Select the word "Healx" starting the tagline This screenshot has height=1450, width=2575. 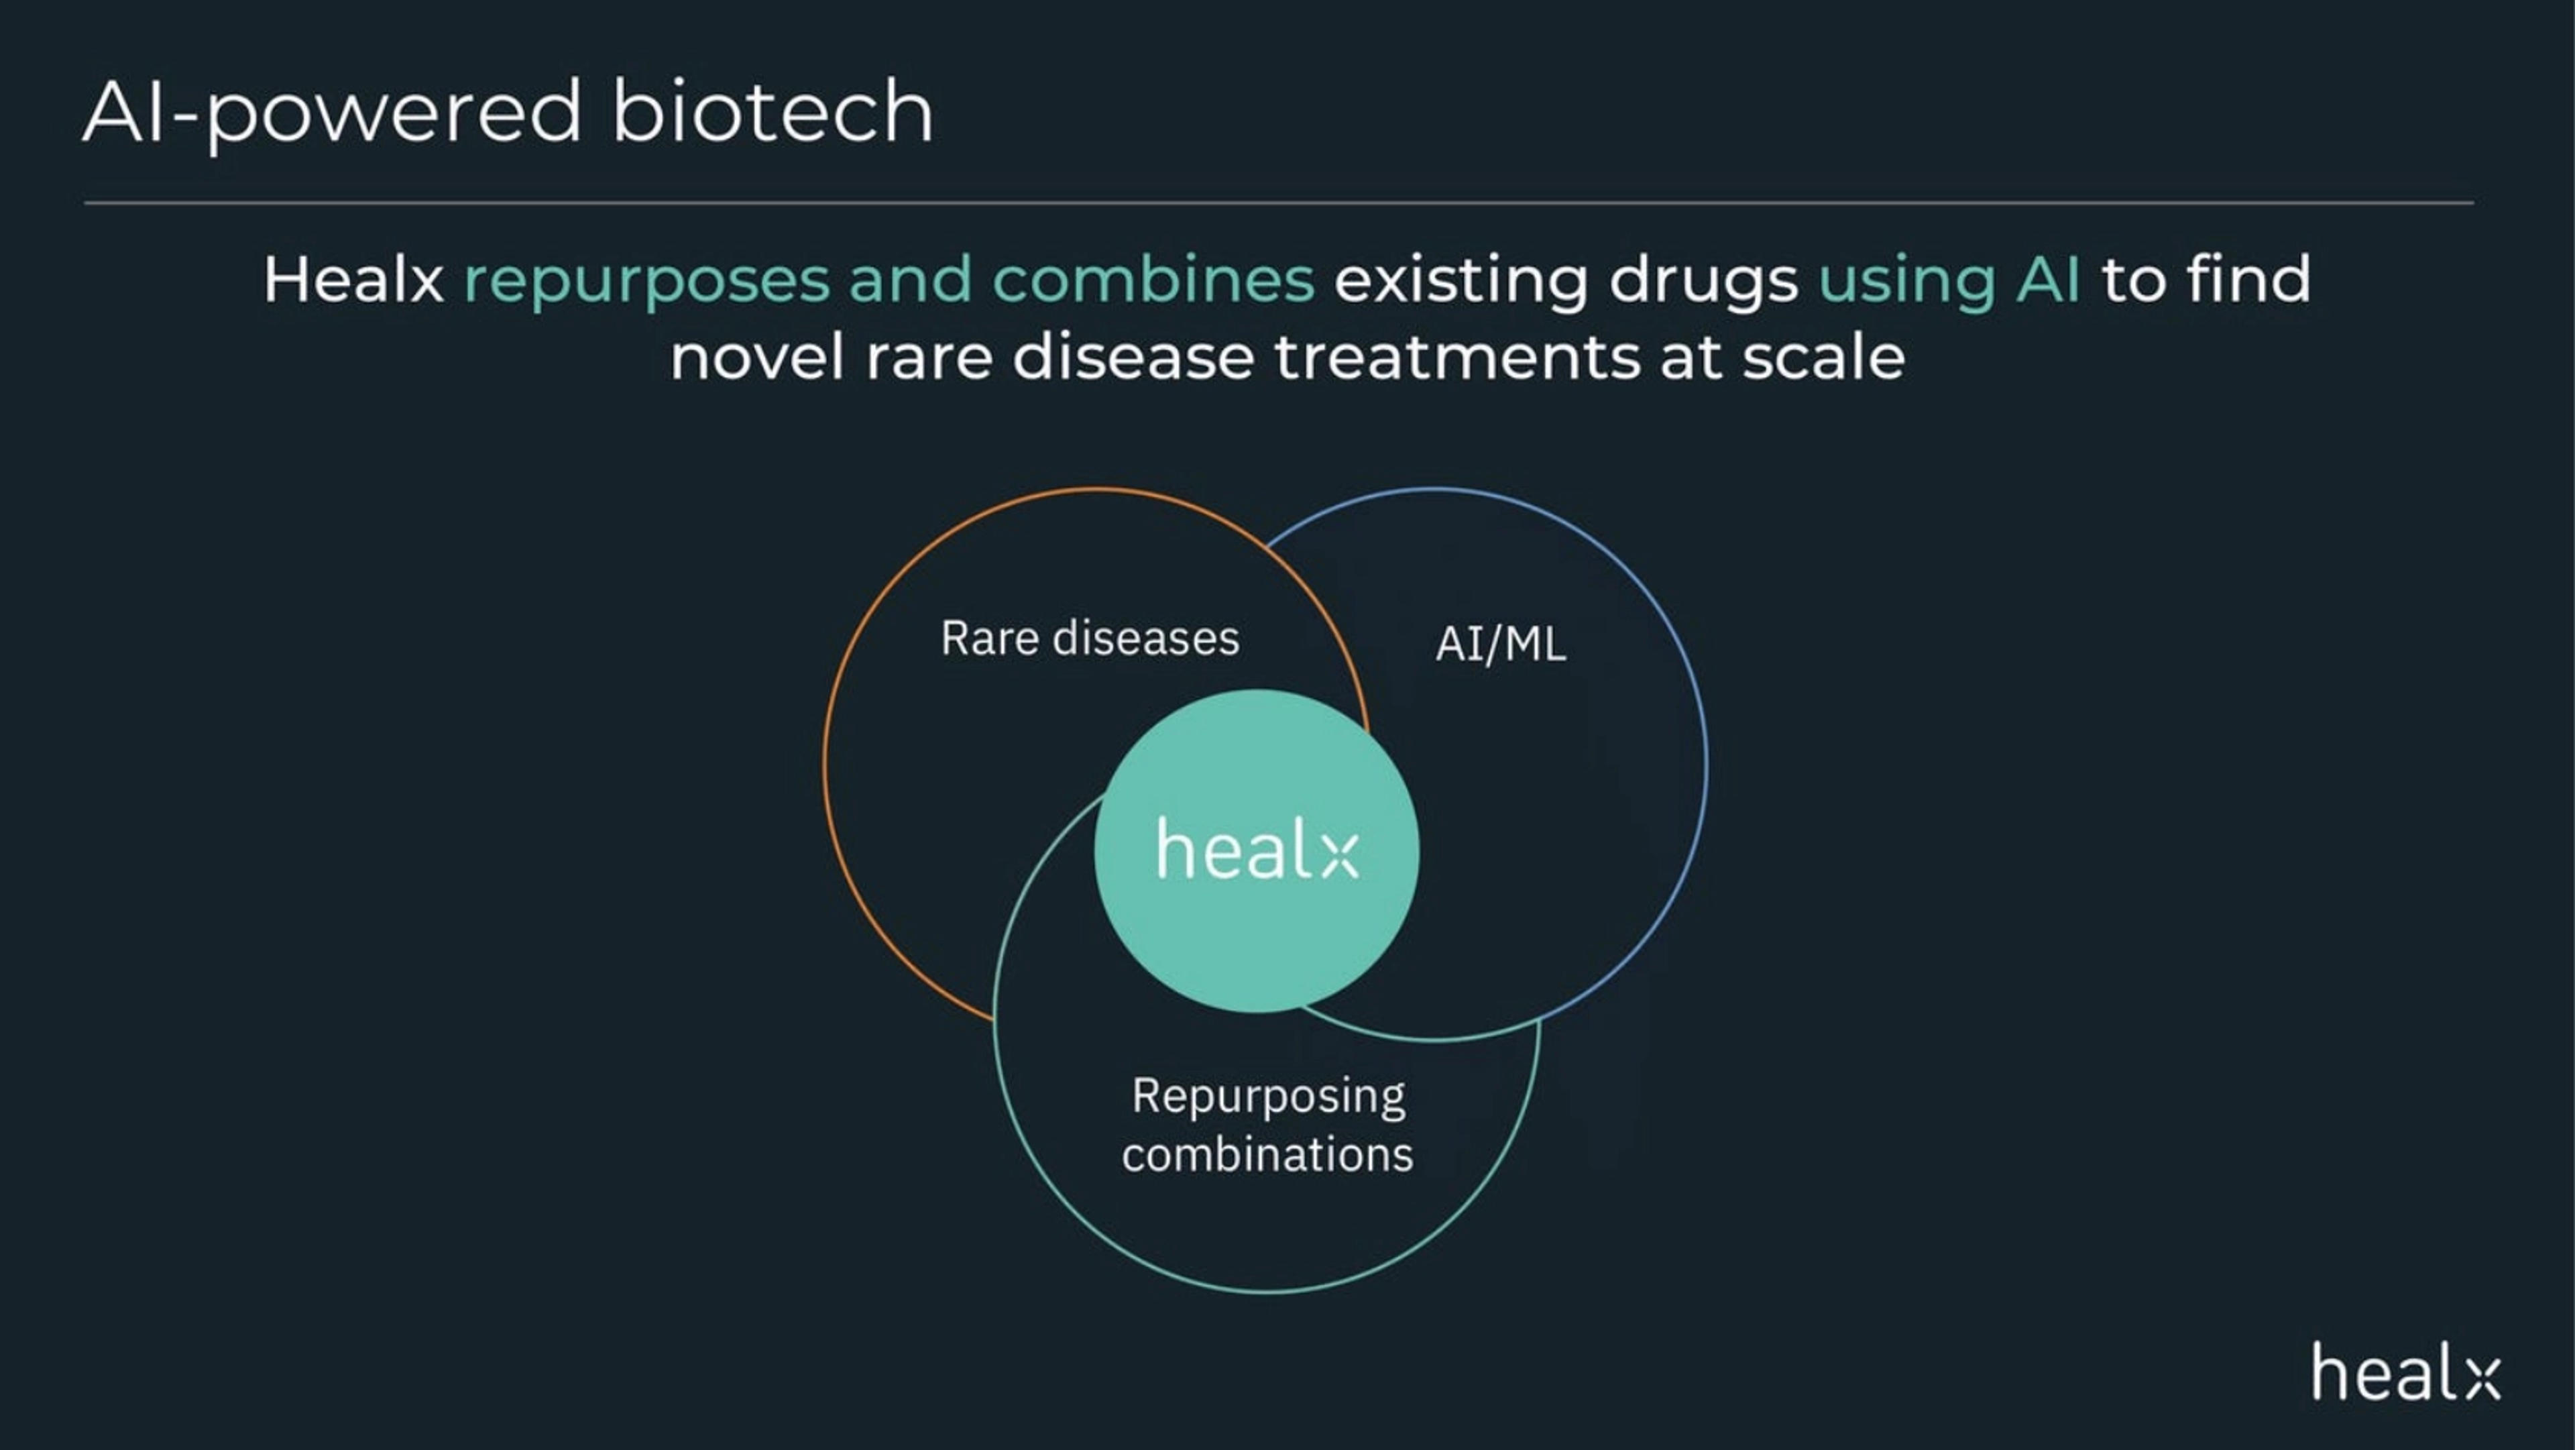pyautogui.click(x=353, y=279)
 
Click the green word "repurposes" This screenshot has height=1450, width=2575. pyautogui.click(x=646, y=283)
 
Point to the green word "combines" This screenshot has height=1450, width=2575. pyautogui.click(x=1153, y=279)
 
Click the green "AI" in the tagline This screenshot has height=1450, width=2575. pyautogui.click(x=2048, y=279)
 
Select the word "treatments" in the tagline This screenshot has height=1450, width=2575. pyautogui.click(x=1456, y=358)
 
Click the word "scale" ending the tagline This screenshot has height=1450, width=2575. pyautogui.click(x=1823, y=358)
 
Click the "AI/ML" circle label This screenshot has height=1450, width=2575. pyautogui.click(x=1501, y=644)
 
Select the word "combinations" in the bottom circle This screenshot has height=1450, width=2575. pyautogui.click(x=1267, y=1155)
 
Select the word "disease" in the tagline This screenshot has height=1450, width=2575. pyautogui.click(x=1133, y=358)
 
